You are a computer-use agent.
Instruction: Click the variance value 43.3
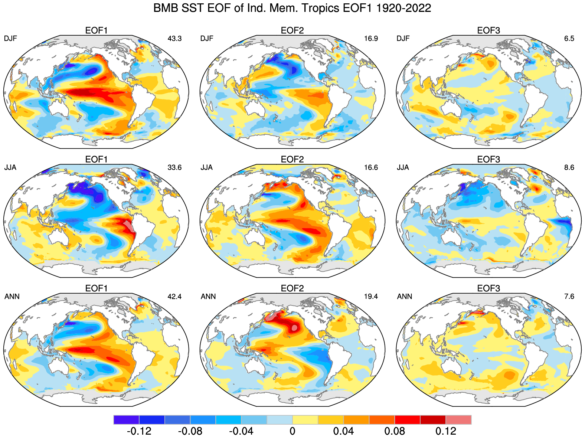[x=174, y=39]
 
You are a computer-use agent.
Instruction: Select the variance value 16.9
[x=371, y=39]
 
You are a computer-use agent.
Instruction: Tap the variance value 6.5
[x=569, y=39]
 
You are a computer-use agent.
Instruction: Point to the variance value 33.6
[x=174, y=167]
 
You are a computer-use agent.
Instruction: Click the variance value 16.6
[x=371, y=167]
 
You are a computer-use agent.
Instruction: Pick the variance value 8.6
[x=569, y=167]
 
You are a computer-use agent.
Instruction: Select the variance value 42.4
[x=174, y=296]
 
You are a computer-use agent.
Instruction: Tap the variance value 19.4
[x=371, y=296]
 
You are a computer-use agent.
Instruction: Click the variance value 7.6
[x=569, y=296]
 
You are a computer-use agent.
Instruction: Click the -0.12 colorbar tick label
[x=139, y=431]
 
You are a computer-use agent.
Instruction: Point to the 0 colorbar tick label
[x=292, y=431]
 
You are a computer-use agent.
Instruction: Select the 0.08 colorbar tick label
[x=395, y=431]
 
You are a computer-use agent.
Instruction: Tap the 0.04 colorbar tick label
[x=343, y=431]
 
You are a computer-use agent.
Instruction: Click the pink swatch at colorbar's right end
[x=458, y=420]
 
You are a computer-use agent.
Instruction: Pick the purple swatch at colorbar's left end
[x=127, y=420]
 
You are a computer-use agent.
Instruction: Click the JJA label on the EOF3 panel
[x=403, y=167]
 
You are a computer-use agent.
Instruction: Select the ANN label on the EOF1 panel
[x=12, y=296]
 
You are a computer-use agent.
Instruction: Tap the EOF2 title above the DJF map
[x=292, y=30]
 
